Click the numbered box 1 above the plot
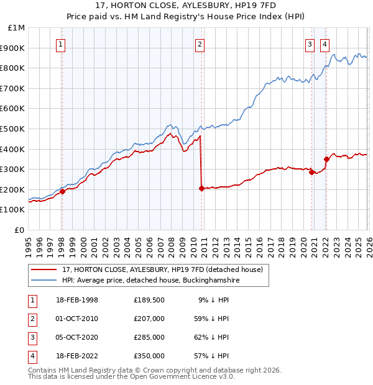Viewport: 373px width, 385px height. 61,44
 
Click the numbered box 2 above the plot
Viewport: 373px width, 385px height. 200,44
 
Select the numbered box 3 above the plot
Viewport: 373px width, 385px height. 310,44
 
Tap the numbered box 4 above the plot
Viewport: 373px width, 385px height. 325,44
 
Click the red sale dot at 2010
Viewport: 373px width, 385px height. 201,188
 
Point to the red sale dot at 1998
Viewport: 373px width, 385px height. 62,192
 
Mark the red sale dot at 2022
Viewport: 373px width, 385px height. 326,159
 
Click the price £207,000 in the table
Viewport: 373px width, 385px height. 149,319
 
